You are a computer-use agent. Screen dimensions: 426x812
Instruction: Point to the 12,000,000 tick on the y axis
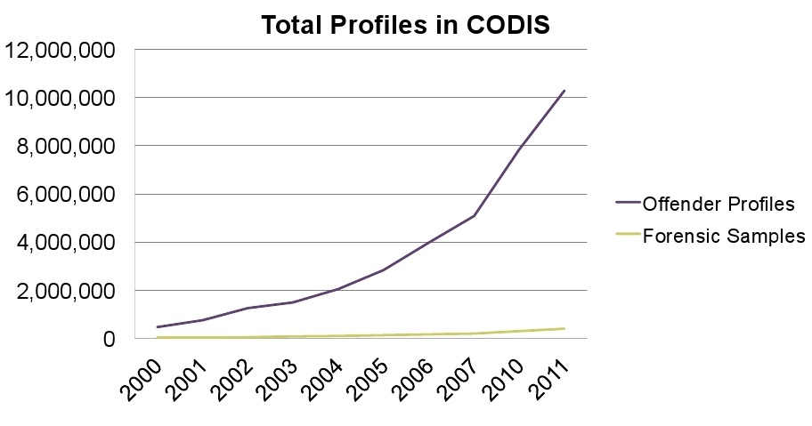[61, 50]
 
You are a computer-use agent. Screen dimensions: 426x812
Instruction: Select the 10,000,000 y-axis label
[61, 98]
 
